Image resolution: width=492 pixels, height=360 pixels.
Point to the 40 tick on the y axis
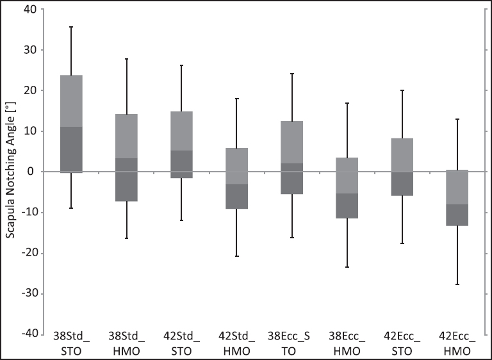[x=29, y=10]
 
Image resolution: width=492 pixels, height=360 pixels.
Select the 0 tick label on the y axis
[x=33, y=172]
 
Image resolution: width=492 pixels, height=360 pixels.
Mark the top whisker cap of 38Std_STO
[x=70, y=27]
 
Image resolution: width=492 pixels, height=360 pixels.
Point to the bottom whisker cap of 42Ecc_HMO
[x=456, y=284]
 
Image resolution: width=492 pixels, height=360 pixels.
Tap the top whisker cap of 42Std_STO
[x=181, y=65]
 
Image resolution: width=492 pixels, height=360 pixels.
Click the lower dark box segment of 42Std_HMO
[x=236, y=196]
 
